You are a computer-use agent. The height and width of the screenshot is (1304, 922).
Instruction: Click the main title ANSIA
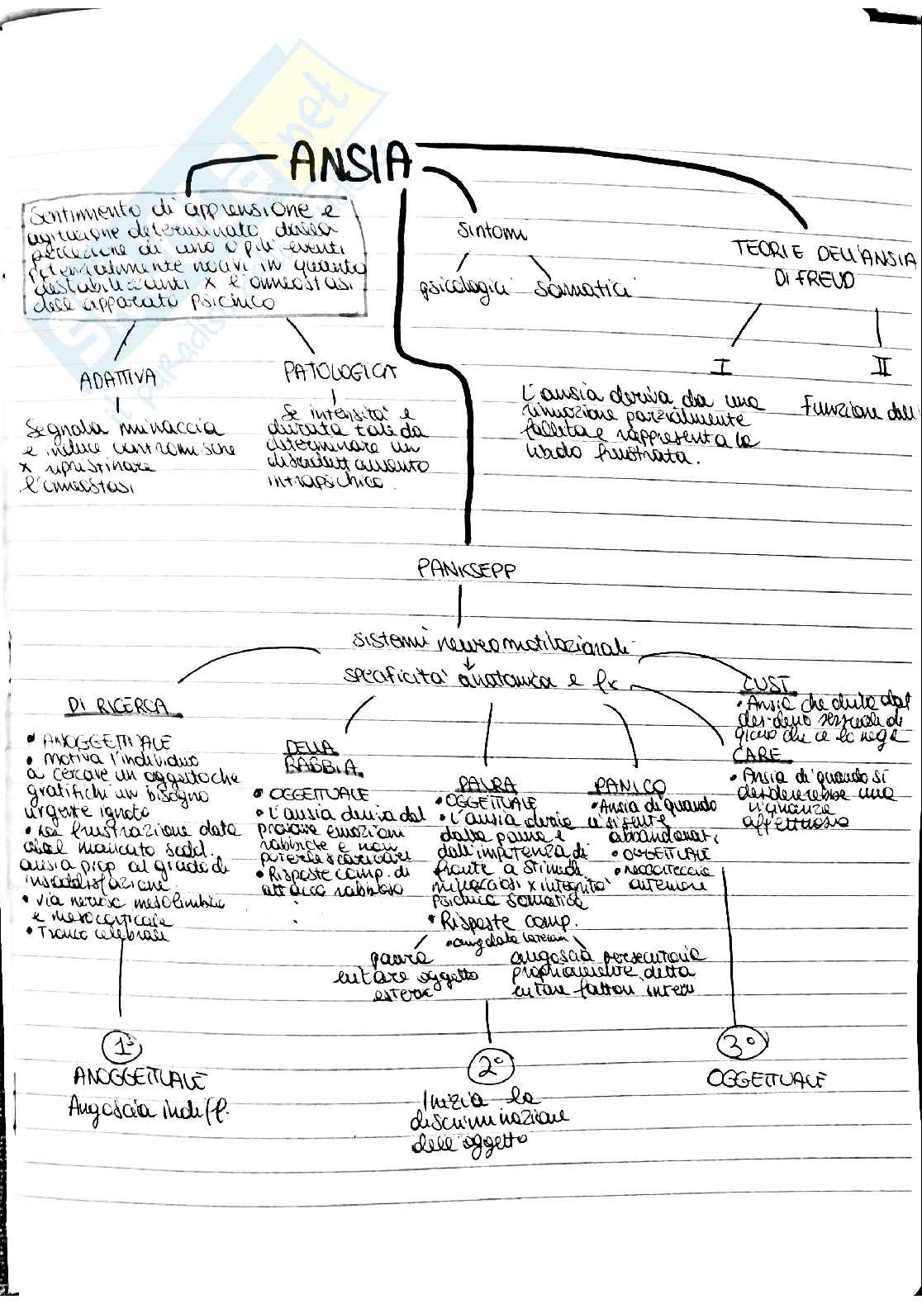(x=350, y=162)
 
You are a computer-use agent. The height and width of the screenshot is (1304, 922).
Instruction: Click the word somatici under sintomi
(x=582, y=289)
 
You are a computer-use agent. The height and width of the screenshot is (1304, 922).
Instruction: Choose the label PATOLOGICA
(x=340, y=372)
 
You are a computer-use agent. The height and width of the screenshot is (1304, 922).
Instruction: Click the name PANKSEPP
(x=467, y=570)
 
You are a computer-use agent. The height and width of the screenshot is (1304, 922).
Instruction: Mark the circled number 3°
(x=739, y=1043)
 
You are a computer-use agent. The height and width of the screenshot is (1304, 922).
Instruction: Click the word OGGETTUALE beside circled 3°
(x=767, y=1079)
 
